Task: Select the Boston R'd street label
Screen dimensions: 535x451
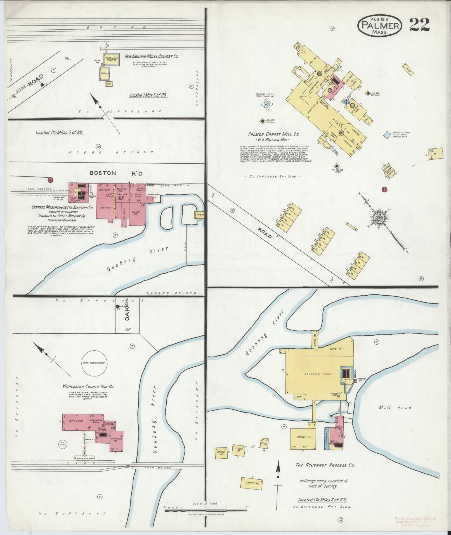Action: [x=116, y=173]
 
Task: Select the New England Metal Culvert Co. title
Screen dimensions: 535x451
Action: [x=151, y=56]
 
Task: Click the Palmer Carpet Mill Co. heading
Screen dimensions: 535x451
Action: [x=274, y=134]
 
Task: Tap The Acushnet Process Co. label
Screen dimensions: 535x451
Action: [x=325, y=465]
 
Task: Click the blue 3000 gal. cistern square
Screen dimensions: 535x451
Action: [x=387, y=135]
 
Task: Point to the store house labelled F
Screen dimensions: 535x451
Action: [x=251, y=483]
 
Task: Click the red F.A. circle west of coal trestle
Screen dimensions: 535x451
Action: [x=50, y=180]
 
